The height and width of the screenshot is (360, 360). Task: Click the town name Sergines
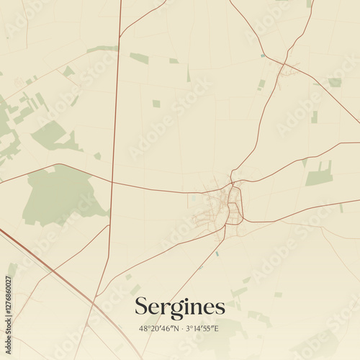[x=179, y=307]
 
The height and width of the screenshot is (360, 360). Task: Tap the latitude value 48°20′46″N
[x=158, y=328]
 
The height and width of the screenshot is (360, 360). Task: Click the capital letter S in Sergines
[x=142, y=307]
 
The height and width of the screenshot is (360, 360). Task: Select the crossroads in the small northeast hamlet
[x=287, y=67]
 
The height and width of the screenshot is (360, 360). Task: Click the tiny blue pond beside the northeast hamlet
[x=263, y=55]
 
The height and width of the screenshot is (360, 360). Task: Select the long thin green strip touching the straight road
[x=102, y=49]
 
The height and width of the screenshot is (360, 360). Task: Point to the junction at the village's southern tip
[x=225, y=228]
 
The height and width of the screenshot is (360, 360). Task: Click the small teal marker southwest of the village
[x=217, y=253]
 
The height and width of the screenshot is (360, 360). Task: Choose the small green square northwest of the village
[x=156, y=104]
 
